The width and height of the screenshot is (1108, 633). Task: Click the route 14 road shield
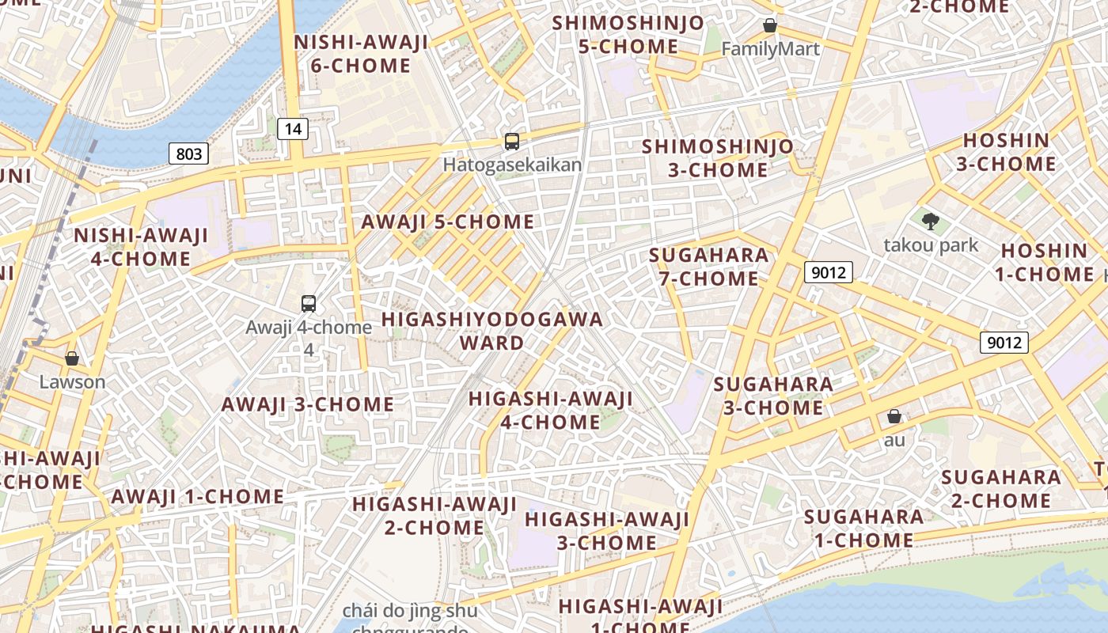[293, 128]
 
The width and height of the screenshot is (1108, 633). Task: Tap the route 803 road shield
[188, 153]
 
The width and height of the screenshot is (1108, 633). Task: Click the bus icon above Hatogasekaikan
[512, 142]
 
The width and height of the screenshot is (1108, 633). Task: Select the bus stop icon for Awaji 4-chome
[309, 303]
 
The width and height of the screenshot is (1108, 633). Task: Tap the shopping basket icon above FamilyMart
[770, 25]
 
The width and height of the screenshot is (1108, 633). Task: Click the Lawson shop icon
[72, 358]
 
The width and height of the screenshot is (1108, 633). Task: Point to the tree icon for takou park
[931, 221]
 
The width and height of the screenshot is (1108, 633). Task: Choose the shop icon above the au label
[894, 416]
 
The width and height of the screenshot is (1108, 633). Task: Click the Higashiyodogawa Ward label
[492, 331]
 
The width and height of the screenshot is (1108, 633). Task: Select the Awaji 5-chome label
[448, 222]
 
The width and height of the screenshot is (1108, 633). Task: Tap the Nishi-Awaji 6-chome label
[361, 54]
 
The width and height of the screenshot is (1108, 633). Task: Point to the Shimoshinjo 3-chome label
[717, 158]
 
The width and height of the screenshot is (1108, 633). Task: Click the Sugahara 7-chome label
[708, 267]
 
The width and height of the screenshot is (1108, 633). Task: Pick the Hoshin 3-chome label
[1006, 153]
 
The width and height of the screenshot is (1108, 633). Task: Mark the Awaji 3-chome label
[308, 404]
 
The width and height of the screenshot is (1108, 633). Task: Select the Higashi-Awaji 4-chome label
[551, 410]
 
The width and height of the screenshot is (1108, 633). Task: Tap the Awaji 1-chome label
[198, 497]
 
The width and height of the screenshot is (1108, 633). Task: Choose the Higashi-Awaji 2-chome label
[434, 515]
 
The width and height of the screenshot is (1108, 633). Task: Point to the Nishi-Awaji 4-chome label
[141, 247]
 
